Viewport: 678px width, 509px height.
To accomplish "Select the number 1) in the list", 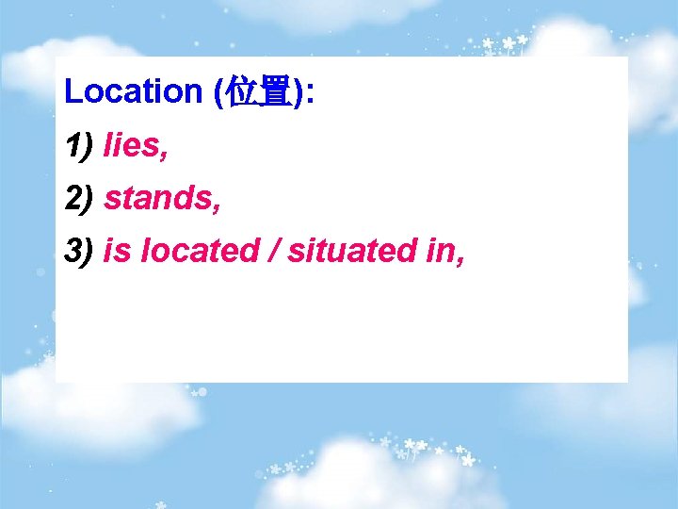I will (79, 145).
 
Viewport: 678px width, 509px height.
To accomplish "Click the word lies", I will (133, 145).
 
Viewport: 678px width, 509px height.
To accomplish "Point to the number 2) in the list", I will (79, 198).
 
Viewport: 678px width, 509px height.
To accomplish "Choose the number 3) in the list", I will (79, 251).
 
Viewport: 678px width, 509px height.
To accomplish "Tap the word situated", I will (355, 251).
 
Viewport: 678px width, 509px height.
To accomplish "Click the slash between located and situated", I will (273, 251).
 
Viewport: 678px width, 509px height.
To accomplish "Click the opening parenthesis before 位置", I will (218, 92).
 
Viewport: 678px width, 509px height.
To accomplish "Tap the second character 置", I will (274, 92).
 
